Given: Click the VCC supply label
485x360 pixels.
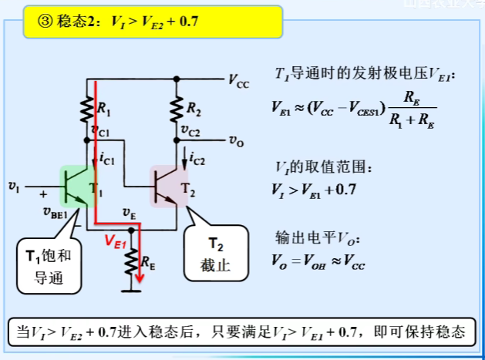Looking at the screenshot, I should click(239, 79).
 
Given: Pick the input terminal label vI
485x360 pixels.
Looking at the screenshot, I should click(13, 185).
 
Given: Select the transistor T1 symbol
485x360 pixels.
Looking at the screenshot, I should click(76, 186).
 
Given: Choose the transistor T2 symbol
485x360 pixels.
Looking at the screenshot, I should click(169, 186).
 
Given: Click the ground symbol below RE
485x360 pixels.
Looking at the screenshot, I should click(133, 291).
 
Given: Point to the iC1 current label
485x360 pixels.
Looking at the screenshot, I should click(108, 160).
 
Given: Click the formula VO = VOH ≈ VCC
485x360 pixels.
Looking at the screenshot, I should click(318, 262).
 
